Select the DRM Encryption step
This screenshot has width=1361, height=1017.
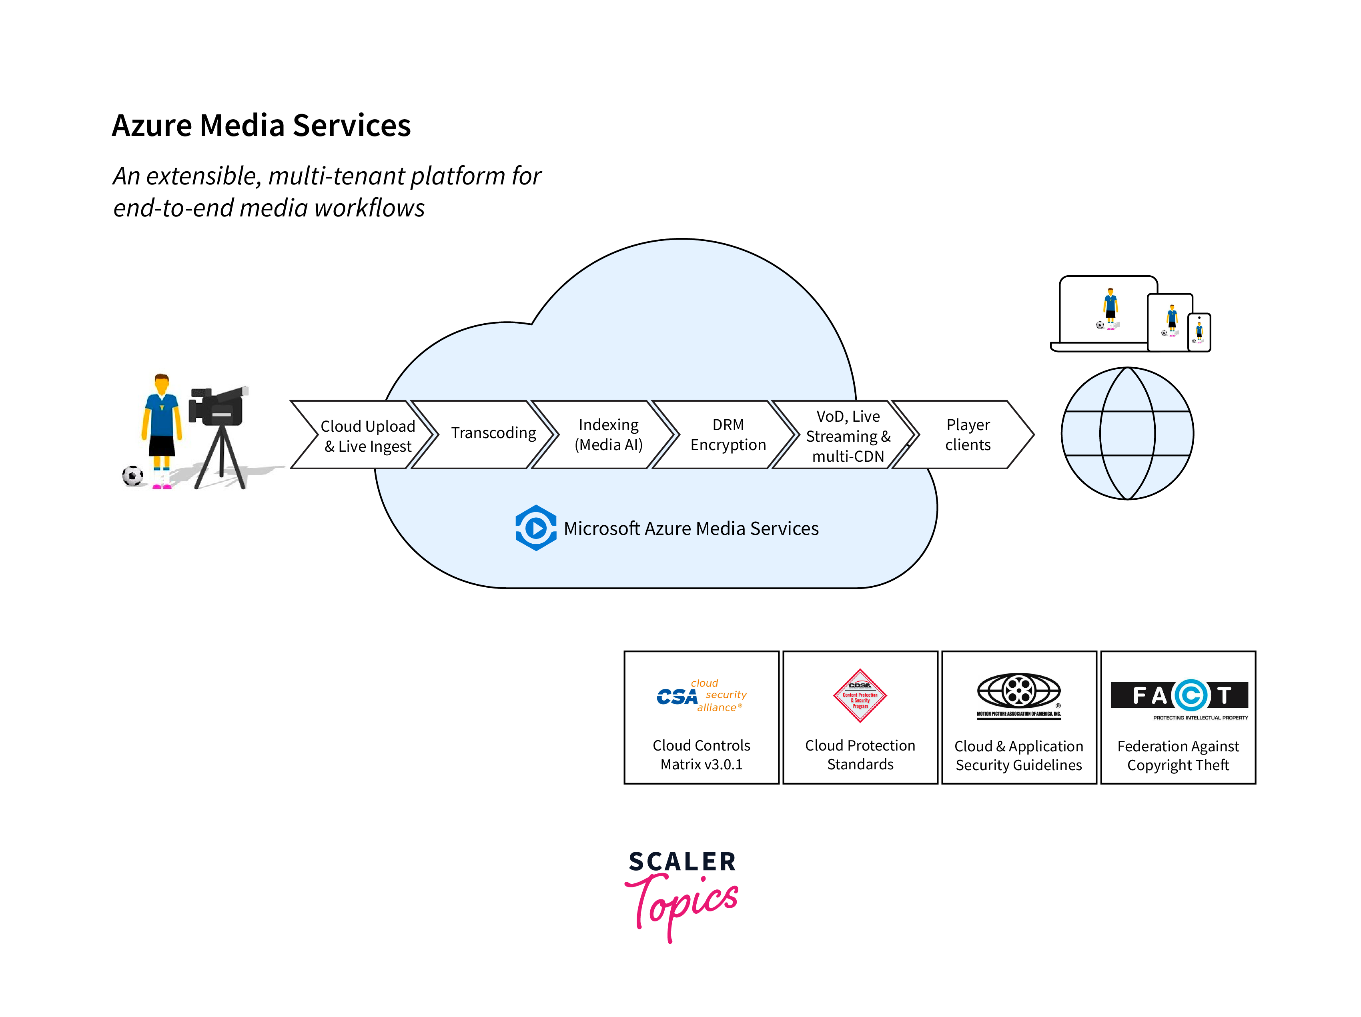coord(728,435)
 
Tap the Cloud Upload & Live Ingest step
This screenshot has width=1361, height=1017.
coord(367,436)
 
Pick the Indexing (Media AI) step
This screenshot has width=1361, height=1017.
coord(608,435)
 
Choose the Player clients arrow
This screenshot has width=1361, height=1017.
coord(967,435)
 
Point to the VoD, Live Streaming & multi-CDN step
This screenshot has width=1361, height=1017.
coord(848,436)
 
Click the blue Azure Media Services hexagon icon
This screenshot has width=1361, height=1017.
coord(535,528)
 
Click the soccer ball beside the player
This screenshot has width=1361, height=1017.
coord(132,476)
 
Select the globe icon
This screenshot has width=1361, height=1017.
coord(1127,434)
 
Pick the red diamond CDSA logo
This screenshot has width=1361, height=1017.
coord(860,696)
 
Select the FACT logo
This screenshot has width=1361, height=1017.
coord(1178,696)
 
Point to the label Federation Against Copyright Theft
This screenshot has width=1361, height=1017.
coord(1178,755)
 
